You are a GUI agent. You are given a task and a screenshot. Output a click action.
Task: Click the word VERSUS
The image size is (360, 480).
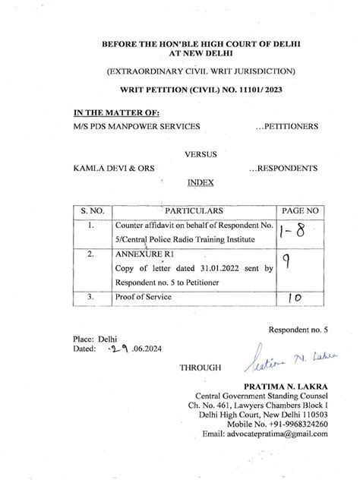coord(201,154)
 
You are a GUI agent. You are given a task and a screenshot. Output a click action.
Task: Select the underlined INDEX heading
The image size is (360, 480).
coord(201,183)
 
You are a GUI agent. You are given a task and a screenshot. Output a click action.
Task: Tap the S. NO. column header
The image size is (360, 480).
coord(91,209)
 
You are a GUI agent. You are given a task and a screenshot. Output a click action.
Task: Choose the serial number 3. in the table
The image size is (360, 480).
coord(90,298)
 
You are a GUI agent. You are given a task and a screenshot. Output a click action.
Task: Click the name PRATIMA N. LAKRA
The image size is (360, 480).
coord(287,385)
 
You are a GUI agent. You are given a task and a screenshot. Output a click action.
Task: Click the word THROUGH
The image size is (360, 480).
coord(201,368)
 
